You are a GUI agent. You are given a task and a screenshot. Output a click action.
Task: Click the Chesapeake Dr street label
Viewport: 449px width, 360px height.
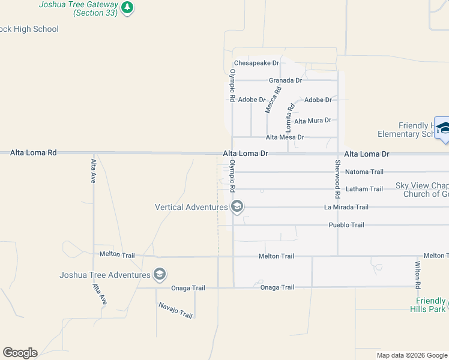tap(257, 63)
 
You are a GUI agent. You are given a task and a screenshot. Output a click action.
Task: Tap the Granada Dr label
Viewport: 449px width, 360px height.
tap(285, 80)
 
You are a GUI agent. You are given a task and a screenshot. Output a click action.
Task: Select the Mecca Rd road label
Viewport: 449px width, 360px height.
tap(273, 100)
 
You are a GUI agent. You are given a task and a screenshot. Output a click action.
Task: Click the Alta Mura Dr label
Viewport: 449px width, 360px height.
tap(312, 121)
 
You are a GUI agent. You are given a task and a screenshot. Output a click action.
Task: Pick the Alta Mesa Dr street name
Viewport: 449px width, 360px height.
tap(285, 137)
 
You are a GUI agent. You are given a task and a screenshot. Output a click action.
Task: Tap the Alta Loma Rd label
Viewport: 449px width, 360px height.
tap(33, 153)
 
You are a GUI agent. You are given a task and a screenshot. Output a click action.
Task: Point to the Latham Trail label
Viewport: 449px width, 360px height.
tap(364, 190)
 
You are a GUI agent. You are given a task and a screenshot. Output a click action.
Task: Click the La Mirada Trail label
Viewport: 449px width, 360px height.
tap(346, 208)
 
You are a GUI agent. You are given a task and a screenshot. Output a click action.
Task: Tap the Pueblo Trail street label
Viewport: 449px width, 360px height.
tap(346, 225)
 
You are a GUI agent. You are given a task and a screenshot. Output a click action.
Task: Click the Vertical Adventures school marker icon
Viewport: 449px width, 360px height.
tap(237, 207)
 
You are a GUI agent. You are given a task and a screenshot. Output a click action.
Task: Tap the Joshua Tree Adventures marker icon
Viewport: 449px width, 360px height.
tap(159, 275)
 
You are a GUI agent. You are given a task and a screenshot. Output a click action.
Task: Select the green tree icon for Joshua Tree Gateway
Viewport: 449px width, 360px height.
tap(127, 7)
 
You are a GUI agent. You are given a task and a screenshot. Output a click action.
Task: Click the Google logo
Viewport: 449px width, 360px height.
tap(20, 352)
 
